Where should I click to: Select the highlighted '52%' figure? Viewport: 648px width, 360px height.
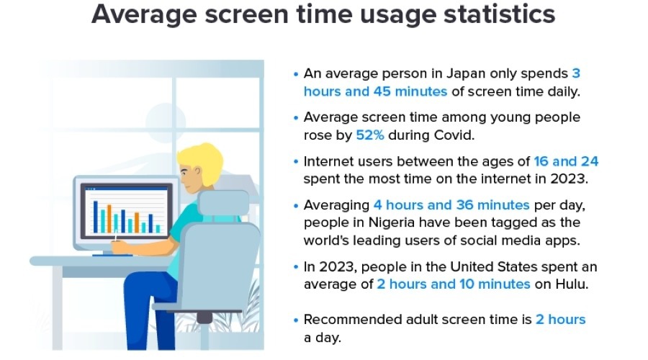pyautogui.click(x=373, y=135)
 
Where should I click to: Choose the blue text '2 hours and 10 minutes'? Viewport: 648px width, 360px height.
pyautogui.click(x=454, y=284)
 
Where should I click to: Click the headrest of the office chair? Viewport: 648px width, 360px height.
pyautogui.click(x=222, y=204)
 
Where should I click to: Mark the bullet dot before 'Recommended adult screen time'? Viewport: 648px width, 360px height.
pyautogui.click(x=296, y=320)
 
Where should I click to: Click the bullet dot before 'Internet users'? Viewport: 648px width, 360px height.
pyautogui.click(x=296, y=161)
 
